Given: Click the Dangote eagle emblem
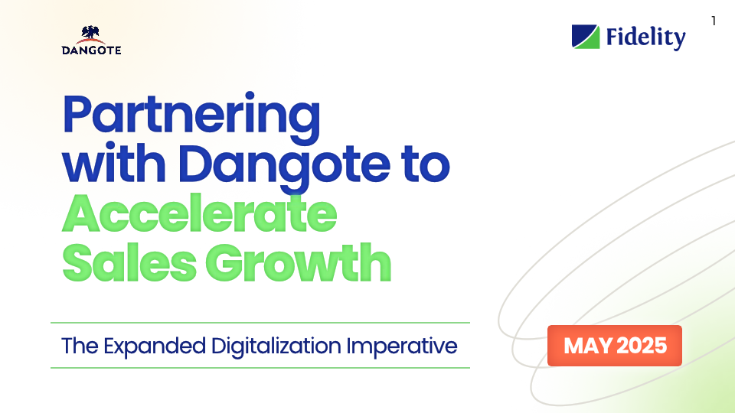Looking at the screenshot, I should pyautogui.click(x=92, y=34).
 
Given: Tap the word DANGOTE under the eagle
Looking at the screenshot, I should pyautogui.click(x=92, y=50).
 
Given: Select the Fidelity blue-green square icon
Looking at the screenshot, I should pyautogui.click(x=586, y=37).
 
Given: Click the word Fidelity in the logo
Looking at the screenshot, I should pyautogui.click(x=645, y=37).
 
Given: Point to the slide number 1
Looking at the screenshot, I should pyautogui.click(x=714, y=21).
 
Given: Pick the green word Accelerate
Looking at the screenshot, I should pyautogui.click(x=199, y=214).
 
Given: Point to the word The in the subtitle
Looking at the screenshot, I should pyautogui.click(x=76, y=346).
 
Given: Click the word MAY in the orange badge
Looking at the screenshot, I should pyautogui.click(x=588, y=346).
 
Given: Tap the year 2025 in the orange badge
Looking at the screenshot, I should pyautogui.click(x=642, y=346).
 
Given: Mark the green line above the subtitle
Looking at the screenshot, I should pyautogui.click(x=260, y=323).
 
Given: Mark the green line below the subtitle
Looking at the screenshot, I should pyautogui.click(x=260, y=368).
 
